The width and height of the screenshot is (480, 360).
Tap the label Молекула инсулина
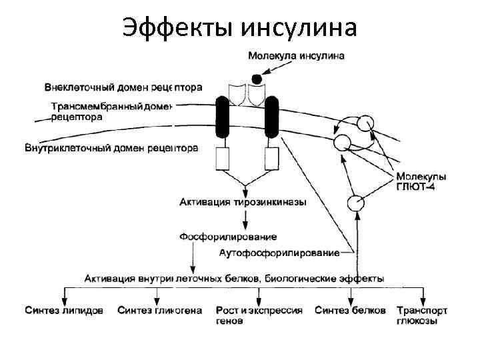tap(296, 56)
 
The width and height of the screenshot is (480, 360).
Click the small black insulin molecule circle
tap(256, 77)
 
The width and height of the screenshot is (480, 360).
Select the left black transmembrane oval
tap(223, 118)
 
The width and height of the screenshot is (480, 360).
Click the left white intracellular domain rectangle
tap(223, 158)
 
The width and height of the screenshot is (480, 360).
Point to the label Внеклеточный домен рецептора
tap(123, 87)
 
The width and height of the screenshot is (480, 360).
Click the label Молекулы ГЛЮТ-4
tap(421, 182)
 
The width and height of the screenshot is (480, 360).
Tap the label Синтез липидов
tap(64, 311)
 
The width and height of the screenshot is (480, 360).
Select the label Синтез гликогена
tap(159, 311)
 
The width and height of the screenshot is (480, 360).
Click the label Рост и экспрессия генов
tap(259, 315)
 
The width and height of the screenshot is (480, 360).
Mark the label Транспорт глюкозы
tap(421, 315)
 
